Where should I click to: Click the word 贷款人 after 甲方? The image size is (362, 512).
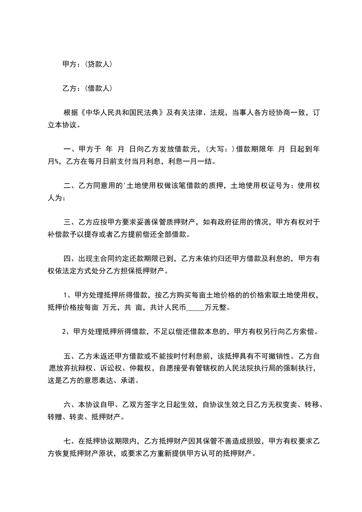coord(99,64)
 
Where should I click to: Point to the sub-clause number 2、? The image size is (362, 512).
coord(66,332)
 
